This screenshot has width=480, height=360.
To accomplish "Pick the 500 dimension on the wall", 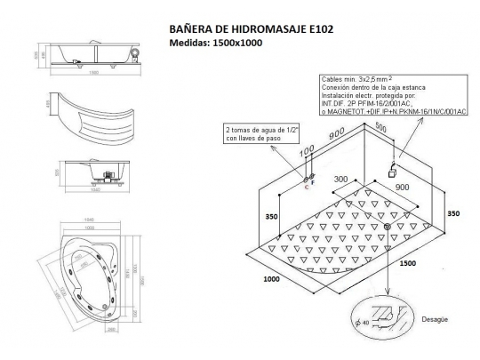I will point(381,126).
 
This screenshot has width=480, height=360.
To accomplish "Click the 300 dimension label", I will point(341,179).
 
